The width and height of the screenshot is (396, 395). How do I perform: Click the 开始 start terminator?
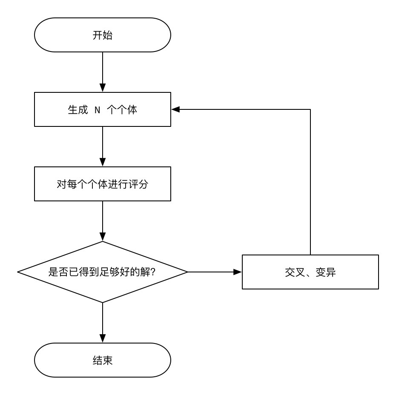103,35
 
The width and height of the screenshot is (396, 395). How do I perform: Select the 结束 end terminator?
103,360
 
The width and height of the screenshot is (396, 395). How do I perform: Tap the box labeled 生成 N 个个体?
103,109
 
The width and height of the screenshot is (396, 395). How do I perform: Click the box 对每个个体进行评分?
103,184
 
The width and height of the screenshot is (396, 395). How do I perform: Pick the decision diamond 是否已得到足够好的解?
103,272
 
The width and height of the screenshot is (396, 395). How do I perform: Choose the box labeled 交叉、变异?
310,272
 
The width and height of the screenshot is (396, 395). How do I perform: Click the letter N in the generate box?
97,110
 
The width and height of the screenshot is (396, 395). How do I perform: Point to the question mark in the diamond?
153,272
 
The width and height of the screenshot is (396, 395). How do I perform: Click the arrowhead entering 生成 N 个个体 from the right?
175,109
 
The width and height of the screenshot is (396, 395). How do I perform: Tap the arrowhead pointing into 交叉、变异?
238,272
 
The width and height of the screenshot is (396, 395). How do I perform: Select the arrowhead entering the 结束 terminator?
103,338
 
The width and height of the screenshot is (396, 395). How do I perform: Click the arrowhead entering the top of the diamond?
103,237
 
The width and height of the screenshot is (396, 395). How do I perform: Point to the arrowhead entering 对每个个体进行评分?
103,162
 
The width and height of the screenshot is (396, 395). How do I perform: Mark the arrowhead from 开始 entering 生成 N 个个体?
103,88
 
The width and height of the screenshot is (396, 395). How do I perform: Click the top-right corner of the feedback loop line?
310,109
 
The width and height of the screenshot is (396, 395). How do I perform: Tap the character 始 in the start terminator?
108,35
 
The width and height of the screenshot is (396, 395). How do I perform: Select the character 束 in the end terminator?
108,360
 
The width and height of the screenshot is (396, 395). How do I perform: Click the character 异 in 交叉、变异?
330,272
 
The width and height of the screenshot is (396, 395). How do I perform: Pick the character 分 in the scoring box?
143,184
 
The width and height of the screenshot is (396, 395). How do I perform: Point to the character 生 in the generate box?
73,109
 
